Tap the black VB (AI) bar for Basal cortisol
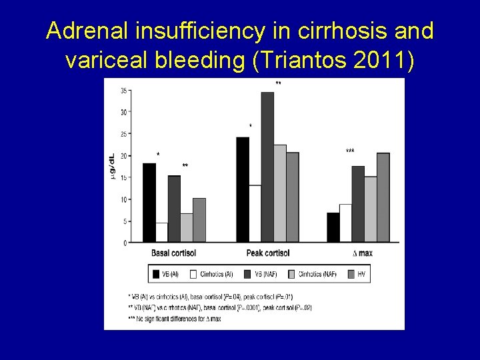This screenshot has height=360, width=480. pos(149,203)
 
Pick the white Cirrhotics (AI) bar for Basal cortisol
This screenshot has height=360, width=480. pos(162,232)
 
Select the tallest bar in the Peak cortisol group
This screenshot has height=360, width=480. pos(267,167)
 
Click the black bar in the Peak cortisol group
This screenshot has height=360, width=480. pos(243,189)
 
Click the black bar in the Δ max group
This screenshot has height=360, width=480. pos(333,227)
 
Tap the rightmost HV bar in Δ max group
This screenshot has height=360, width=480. pos(383,197)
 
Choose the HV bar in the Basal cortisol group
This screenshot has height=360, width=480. pos(199,220)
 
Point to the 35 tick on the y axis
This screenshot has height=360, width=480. pos(124,91)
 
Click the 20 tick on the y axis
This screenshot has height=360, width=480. pos(124,156)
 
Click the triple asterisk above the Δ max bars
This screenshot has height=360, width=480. pos(350,151)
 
